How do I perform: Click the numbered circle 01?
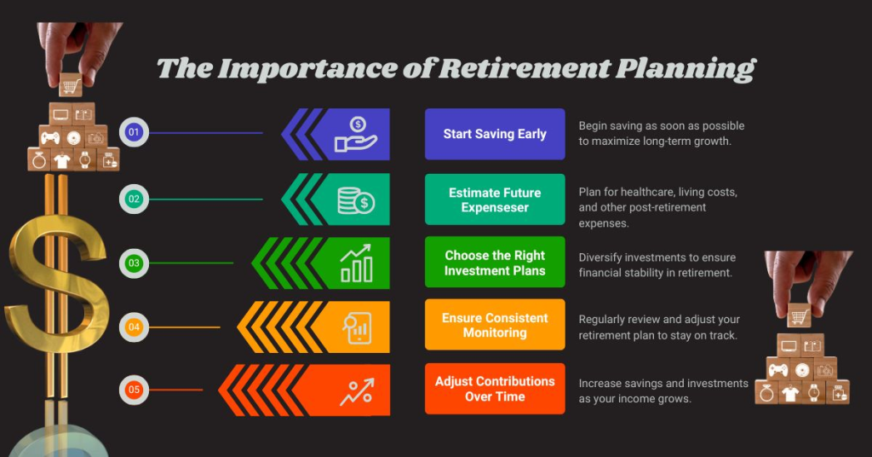tap(134, 132)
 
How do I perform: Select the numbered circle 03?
tap(134, 263)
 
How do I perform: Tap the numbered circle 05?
tap(134, 390)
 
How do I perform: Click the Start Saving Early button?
tap(495, 134)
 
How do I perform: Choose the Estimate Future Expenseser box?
tap(495, 200)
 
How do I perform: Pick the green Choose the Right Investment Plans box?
tap(495, 263)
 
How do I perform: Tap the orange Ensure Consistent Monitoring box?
tap(495, 325)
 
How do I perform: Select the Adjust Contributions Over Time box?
tap(495, 389)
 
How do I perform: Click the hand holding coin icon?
tap(356, 135)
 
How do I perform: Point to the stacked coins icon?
tap(356, 200)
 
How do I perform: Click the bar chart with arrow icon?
tap(356, 263)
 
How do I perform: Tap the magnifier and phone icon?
tap(356, 327)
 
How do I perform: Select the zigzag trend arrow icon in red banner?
tap(356, 390)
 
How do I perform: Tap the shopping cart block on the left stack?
tap(71, 86)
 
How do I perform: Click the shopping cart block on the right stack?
tap(799, 317)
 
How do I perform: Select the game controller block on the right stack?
tap(778, 369)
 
